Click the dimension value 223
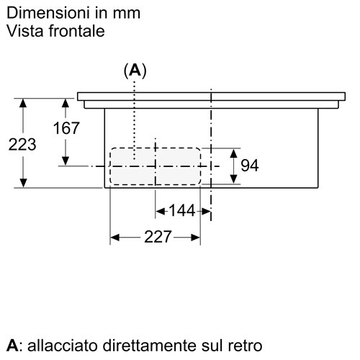tap(22, 145)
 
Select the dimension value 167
tap(66, 128)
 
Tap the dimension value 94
tap(250, 166)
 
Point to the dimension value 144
tap(182, 211)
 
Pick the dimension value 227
tap(158, 237)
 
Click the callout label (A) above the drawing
tap(135, 71)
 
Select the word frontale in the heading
tap(77, 31)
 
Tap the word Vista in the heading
tap(26, 31)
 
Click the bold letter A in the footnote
tap(12, 346)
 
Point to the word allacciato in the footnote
tap(63, 346)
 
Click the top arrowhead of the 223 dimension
tap(23, 103)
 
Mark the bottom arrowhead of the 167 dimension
tap(66, 161)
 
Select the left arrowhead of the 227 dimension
tap(114, 238)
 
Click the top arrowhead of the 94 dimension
tap(233, 153)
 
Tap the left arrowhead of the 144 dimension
tap(160, 212)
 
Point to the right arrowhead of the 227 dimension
tap(196, 238)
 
